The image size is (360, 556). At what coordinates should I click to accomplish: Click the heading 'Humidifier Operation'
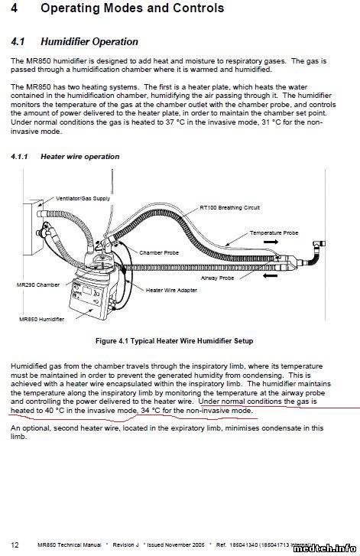click(89, 42)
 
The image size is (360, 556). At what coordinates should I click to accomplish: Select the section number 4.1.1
click(19, 157)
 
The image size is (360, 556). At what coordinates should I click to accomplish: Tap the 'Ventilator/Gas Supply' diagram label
click(83, 199)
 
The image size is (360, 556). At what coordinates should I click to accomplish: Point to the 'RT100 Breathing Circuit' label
click(229, 207)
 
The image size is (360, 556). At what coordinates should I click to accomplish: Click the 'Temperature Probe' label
click(274, 233)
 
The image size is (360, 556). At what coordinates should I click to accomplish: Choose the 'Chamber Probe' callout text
click(159, 253)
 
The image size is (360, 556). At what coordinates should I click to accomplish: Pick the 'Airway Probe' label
click(218, 278)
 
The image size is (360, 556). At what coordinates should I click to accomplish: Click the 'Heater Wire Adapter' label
click(171, 290)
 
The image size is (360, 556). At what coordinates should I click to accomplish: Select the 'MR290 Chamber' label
click(38, 285)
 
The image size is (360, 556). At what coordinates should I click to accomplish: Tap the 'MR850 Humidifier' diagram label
click(42, 319)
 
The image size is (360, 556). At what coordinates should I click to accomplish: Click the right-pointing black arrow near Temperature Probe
click(271, 242)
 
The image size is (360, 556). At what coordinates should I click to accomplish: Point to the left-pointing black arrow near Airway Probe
click(271, 275)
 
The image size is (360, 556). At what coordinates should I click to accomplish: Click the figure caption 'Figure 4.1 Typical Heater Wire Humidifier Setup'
click(174, 341)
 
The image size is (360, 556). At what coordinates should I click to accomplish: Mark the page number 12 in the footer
click(15, 545)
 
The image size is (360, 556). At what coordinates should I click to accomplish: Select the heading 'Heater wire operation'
click(80, 157)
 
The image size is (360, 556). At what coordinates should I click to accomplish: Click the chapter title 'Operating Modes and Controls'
click(132, 8)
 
